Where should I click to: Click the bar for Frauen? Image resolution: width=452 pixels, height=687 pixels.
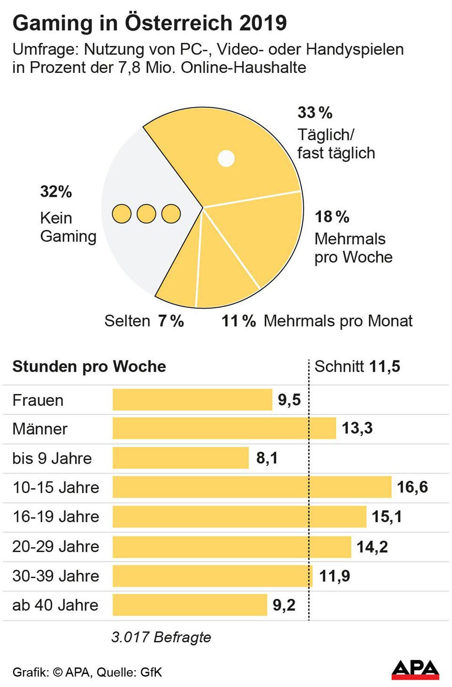coord(192,399)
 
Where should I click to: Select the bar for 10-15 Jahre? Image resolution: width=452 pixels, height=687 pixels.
coord(252,487)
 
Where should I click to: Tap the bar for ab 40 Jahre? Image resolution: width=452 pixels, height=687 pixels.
coord(190,605)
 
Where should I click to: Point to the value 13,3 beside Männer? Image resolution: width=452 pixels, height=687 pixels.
coord(357,428)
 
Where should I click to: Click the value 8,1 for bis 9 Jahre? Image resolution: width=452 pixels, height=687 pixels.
coord(266,458)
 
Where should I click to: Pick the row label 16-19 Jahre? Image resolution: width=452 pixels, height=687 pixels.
coord(56,517)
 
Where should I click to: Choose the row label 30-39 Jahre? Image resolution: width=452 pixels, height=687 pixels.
coord(56,576)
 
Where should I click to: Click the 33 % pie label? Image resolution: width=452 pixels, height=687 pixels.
coord(315,113)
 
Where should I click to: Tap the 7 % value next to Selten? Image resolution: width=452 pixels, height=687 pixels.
coord(171,321)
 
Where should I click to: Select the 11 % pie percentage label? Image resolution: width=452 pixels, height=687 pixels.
coord(238,321)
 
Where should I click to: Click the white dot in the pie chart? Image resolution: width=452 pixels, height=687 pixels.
coord(226,159)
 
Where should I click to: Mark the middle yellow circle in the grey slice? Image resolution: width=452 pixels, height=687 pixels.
coord(146,214)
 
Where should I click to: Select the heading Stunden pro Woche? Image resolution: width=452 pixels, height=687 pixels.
coord(89,367)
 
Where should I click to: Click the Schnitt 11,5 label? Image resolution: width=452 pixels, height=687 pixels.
coord(357,367)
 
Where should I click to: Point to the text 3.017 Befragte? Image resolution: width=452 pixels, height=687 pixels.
coord(161,637)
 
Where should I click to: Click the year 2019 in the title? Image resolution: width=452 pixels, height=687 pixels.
coord(263,23)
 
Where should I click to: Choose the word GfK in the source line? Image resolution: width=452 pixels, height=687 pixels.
coord(151,672)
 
